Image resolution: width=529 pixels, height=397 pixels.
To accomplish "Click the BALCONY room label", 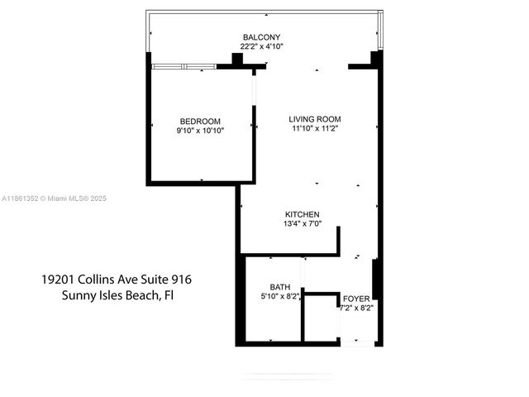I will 262,37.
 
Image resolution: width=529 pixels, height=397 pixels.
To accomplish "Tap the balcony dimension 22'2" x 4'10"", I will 262,47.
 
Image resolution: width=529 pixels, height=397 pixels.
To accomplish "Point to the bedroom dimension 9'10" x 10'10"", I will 200,131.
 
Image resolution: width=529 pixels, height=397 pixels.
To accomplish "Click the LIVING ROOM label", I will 315,118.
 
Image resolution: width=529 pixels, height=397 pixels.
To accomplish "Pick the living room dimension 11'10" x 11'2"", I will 315,128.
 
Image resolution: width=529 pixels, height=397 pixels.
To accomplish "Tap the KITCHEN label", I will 302,214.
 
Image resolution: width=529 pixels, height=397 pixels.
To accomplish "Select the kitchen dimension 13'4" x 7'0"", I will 302,224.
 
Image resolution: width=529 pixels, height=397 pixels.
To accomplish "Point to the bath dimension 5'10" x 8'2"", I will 280,295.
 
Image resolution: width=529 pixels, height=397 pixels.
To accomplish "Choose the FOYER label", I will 357,297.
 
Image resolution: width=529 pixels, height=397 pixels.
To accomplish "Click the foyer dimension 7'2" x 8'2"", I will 358,307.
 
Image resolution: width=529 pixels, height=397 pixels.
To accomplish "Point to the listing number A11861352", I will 21,198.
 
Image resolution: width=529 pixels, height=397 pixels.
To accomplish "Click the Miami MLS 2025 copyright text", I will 76,198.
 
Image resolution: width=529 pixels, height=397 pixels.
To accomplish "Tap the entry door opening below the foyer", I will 357,340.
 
